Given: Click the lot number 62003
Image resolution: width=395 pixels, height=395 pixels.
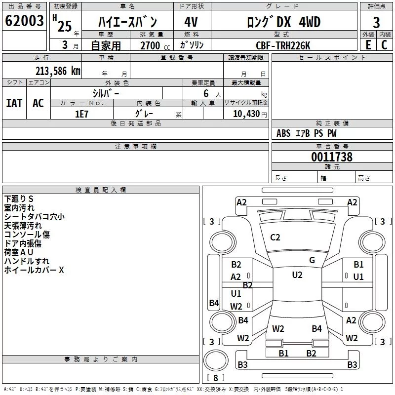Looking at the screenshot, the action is tap(24, 21).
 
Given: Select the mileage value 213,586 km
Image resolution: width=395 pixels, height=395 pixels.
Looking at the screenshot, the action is tap(58, 71).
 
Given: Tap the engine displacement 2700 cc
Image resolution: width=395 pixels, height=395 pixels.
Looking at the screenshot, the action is tap(150, 45).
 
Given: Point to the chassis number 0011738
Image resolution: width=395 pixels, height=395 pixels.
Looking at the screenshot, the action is tap(332, 158).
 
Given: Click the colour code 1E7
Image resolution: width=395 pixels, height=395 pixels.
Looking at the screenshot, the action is tap(81, 114).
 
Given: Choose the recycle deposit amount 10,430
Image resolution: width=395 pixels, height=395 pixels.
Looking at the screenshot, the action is tap(246, 114).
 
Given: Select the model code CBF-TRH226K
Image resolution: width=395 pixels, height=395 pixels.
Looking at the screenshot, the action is tap(283, 45).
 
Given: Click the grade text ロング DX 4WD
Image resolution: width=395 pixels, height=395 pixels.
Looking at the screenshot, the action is tap(283, 22).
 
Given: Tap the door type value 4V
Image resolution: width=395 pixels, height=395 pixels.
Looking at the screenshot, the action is tap(191, 22).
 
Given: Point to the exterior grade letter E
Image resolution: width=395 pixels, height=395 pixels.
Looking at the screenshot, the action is tap(368, 45).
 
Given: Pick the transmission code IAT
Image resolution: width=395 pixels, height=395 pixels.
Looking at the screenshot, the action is tap(14, 103).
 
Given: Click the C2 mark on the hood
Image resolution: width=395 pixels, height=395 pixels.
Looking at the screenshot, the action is tap(275, 237).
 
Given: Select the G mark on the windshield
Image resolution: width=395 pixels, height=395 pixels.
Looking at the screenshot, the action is tap(312, 260).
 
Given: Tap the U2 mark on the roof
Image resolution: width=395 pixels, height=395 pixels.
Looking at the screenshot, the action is tap(297, 275).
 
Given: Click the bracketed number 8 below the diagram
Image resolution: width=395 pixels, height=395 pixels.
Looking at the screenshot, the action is tap(215, 378).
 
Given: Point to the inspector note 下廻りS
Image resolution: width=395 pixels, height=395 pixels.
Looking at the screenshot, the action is tap(19, 199).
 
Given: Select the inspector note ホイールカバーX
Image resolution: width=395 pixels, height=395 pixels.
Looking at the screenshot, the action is tap(34, 270).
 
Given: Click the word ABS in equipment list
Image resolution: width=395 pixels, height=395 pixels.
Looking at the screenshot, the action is tap(283, 133).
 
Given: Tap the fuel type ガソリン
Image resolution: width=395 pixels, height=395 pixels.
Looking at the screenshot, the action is tap(192, 45).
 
